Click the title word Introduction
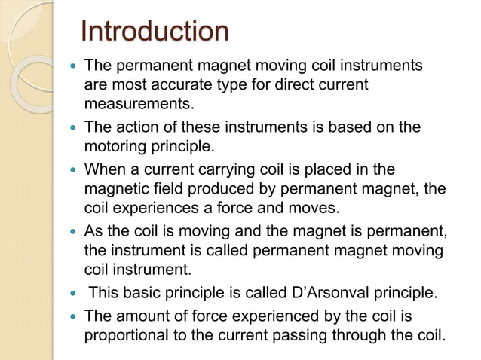[154, 32]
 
